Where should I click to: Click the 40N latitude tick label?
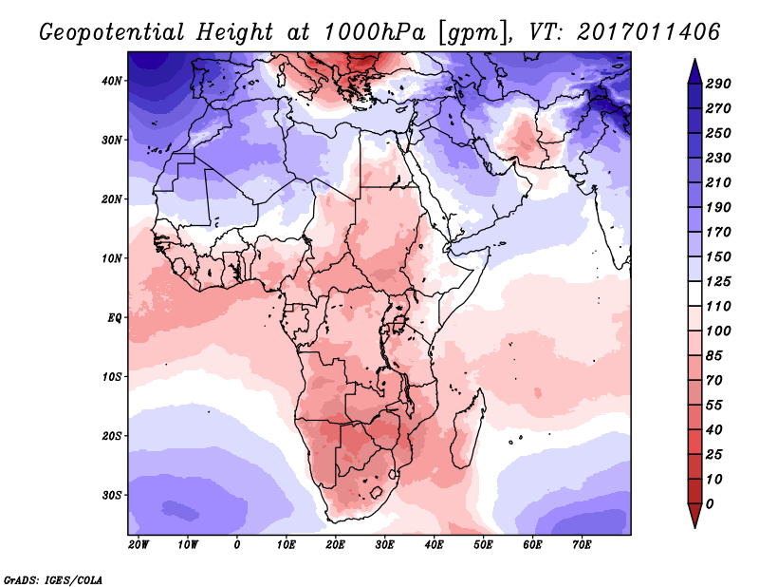113,81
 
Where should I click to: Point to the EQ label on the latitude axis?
115,317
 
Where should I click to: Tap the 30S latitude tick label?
113,495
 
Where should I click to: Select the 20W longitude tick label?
139,545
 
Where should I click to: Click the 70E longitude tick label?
583,545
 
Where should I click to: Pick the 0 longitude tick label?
237,545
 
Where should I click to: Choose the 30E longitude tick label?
385,545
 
